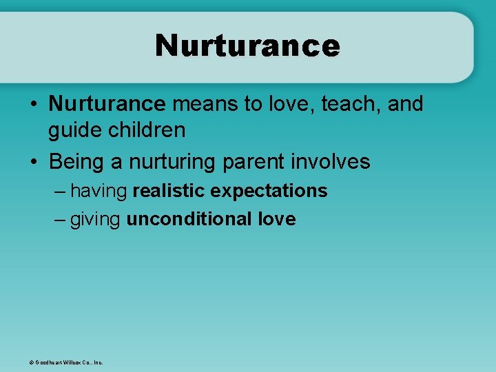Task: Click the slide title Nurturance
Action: point(247,45)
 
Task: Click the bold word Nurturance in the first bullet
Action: point(107,104)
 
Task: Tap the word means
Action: point(200,104)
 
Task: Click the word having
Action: point(99,191)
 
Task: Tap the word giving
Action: point(96,220)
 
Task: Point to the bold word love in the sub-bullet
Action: point(277,219)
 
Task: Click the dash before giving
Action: point(59,220)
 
